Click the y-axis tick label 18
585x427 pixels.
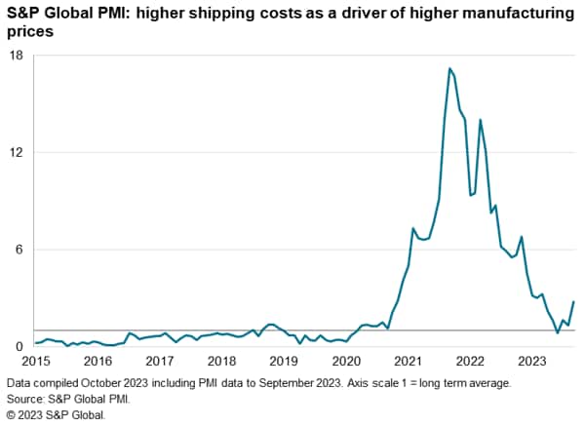(x=17, y=56)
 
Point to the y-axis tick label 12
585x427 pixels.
(x=17, y=153)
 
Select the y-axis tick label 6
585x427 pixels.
(x=19, y=250)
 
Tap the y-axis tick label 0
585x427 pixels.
(x=19, y=347)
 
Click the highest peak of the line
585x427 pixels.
(x=449, y=68)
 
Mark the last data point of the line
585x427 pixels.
(x=573, y=302)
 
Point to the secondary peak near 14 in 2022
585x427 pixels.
(x=480, y=120)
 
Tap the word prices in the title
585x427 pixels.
(x=27, y=32)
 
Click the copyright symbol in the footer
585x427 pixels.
(x=12, y=414)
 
